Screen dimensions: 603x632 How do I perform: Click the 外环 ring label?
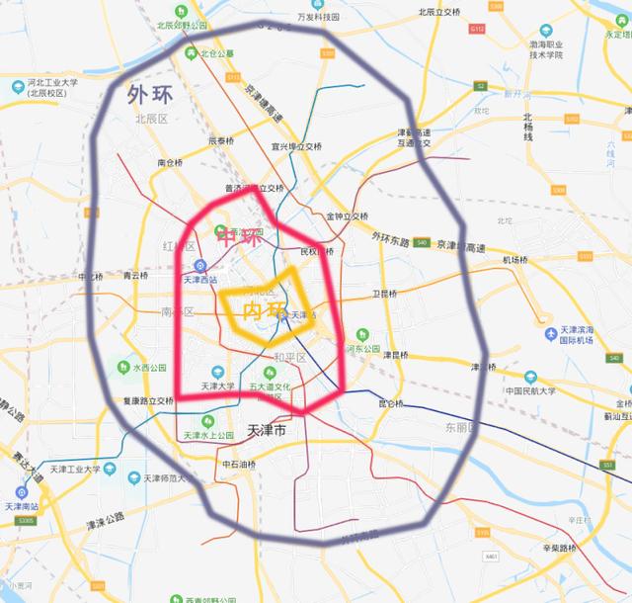[x=148, y=96]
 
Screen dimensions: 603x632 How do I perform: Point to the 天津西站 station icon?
[x=199, y=265]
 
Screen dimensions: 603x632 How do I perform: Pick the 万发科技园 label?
[x=318, y=17]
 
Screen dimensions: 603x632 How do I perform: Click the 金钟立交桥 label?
[x=347, y=216]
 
